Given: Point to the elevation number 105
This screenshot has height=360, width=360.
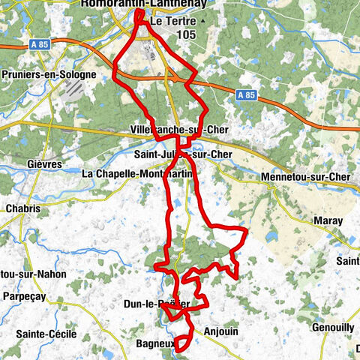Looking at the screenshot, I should (x=187, y=34).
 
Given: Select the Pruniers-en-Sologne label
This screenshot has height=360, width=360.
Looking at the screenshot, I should (x=49, y=75).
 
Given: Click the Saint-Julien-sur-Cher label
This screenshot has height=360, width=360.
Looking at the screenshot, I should (x=183, y=154).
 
